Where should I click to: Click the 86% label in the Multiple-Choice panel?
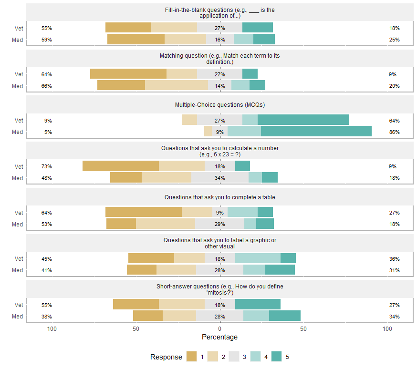tap(394, 132)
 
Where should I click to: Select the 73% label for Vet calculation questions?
tap(47, 166)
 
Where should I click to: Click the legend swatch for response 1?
tap(192, 357)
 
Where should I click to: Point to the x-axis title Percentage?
tap(219, 337)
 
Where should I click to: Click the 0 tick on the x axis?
tap(219, 329)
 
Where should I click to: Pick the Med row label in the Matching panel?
tap(18, 86)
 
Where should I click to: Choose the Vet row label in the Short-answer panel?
tap(19, 305)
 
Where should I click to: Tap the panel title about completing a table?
tap(219, 197)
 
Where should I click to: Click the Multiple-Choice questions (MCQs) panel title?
tap(219, 105)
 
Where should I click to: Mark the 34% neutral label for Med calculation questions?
tap(219, 178)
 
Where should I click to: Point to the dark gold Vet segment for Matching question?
tap(128, 73)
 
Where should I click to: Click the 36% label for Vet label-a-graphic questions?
tap(394, 259)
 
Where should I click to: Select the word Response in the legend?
tap(166, 357)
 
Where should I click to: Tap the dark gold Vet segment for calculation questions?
tap(120, 166)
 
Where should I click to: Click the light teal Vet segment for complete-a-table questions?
tap(242, 212)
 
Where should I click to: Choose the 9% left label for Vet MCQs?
tap(48, 121)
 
